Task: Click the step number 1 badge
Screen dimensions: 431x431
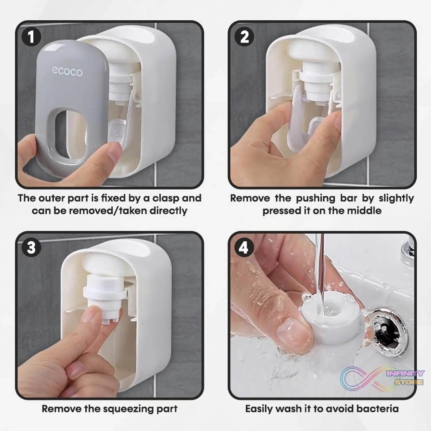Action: (31, 37)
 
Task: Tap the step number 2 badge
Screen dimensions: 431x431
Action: (244, 37)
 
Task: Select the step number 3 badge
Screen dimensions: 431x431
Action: (31, 247)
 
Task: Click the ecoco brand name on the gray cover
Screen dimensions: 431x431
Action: (67, 72)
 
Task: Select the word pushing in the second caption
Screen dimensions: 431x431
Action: (315, 199)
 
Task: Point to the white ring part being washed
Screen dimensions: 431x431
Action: (330, 316)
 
